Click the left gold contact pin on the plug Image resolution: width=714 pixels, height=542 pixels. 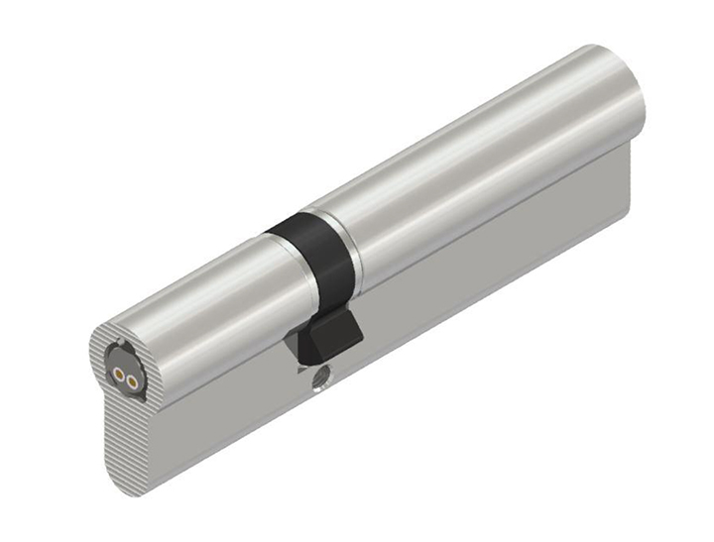pos(118,377)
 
